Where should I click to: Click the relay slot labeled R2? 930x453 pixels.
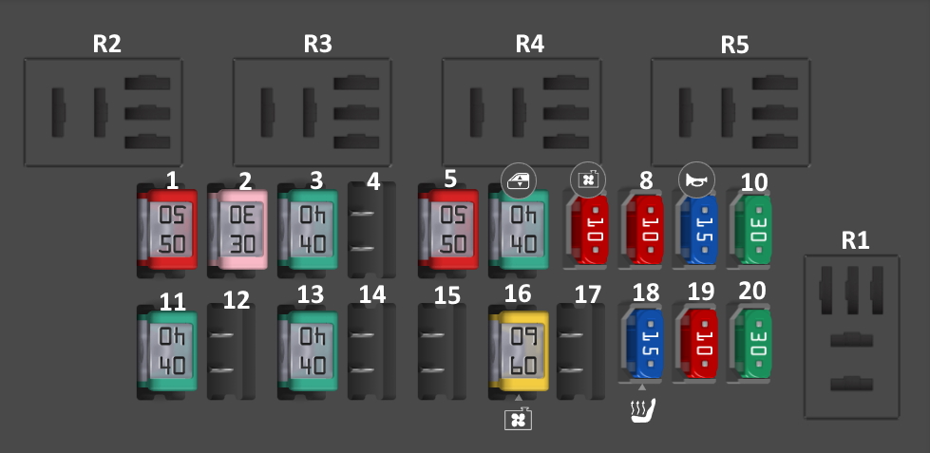pos(104,112)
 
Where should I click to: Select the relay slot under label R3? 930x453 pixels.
pos(313,112)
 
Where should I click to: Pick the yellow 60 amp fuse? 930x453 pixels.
pos(519,349)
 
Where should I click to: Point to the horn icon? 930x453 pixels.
pos(695,179)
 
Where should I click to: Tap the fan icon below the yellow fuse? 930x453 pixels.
pos(519,418)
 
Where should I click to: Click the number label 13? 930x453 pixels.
pos(311,294)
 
